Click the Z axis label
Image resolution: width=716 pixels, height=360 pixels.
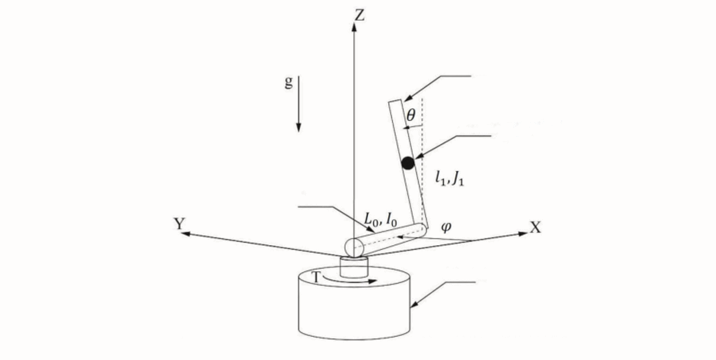(x=360, y=15)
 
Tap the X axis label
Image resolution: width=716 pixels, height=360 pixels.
(x=535, y=227)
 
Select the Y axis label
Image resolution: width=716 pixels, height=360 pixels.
(x=180, y=224)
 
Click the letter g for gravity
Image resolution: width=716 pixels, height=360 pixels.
(x=288, y=83)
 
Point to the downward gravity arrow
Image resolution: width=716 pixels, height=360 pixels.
(x=299, y=104)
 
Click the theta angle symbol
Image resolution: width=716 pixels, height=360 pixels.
(x=411, y=116)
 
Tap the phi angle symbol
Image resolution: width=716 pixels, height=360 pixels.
(x=446, y=226)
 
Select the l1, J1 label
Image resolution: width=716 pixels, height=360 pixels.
(x=450, y=178)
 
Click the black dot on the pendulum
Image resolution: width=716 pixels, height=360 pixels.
(x=408, y=163)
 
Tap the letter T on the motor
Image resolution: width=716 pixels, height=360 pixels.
(x=315, y=277)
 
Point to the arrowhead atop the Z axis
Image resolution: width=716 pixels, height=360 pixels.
(x=354, y=27)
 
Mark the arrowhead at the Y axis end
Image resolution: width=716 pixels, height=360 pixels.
(x=186, y=234)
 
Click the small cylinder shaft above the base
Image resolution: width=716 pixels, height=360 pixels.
(x=354, y=266)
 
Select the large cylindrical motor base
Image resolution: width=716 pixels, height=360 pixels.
(x=354, y=303)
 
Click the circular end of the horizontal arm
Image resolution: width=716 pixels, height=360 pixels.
(x=354, y=247)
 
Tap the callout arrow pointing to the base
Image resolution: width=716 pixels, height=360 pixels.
(x=443, y=295)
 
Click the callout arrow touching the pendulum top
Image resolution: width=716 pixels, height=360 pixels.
(x=437, y=87)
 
